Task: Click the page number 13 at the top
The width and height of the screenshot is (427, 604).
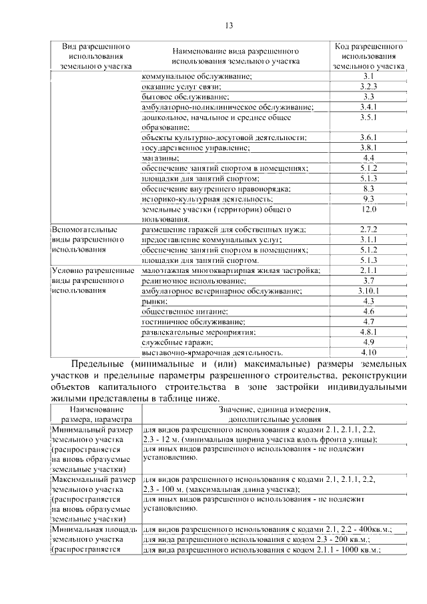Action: [x=228, y=26]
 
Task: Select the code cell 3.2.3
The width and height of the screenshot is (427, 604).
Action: [x=368, y=87]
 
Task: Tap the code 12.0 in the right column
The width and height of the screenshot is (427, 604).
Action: [x=368, y=210]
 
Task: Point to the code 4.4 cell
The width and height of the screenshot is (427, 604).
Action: [x=368, y=158]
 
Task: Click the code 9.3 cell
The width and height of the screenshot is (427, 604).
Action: [x=368, y=199]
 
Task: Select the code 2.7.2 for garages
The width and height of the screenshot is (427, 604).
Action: [x=368, y=230]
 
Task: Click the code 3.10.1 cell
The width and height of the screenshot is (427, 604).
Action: [x=368, y=291]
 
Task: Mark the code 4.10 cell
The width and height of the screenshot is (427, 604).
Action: [x=368, y=352]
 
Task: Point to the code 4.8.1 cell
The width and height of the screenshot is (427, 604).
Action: [x=368, y=332]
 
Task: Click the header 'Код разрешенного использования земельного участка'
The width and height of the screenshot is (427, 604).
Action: [x=368, y=57]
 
